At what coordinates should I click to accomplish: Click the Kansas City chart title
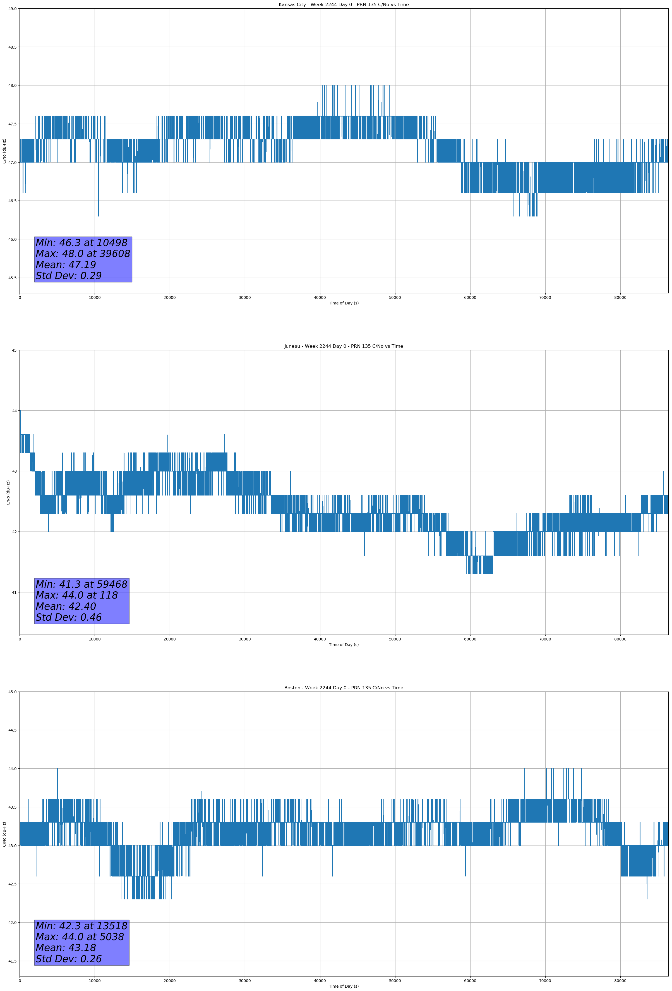point(344,5)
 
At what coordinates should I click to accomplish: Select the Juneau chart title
point(344,346)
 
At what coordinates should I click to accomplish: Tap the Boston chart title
point(344,688)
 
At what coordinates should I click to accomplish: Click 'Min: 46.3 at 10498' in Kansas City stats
point(81,243)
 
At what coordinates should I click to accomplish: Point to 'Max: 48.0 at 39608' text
point(83,254)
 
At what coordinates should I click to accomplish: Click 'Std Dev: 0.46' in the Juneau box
point(69,618)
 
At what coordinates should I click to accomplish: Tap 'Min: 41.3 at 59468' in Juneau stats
point(81,584)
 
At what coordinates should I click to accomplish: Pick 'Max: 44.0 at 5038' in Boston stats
point(80,937)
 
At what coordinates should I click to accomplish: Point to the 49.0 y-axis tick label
point(12,9)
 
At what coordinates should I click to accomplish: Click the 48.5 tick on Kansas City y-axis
point(12,47)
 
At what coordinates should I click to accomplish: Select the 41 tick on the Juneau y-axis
point(14,592)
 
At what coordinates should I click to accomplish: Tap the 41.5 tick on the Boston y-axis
point(12,961)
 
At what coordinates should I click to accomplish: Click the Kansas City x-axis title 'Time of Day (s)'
point(344,303)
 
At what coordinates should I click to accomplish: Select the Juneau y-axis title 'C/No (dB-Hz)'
point(8,492)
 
